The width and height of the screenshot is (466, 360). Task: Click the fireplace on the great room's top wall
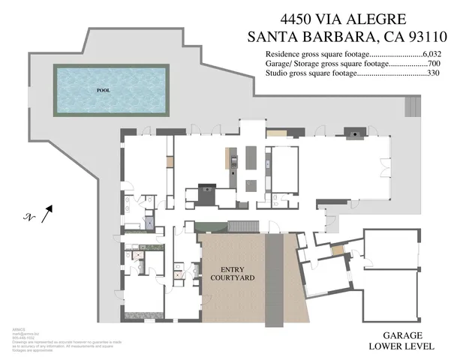(x=351, y=133)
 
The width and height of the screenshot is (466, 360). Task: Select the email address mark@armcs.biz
(x=22, y=332)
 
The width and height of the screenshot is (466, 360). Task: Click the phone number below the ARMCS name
(x=23, y=337)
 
